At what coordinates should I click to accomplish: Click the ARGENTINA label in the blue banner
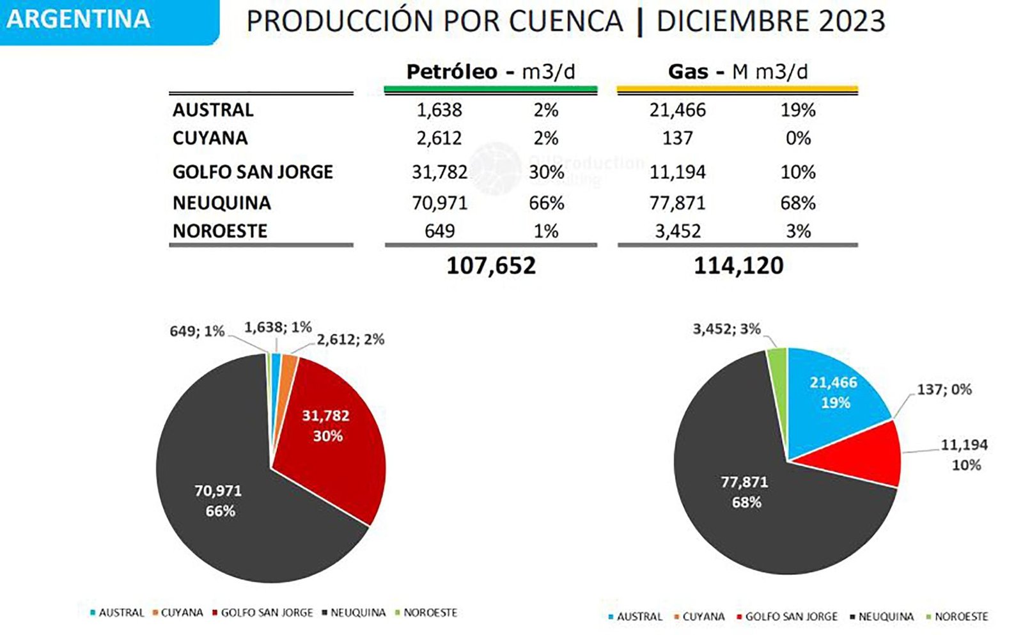tap(79, 19)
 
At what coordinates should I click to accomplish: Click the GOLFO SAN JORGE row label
tap(253, 172)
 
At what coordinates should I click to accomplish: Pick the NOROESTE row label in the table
tap(220, 231)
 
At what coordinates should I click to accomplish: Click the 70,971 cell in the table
tap(439, 203)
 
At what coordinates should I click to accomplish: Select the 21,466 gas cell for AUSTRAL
tap(677, 110)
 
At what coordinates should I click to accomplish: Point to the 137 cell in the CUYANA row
tap(677, 138)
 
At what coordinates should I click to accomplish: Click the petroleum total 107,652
tap(490, 265)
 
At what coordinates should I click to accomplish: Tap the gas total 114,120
tap(738, 265)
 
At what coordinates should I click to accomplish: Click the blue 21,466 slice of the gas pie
tap(831, 396)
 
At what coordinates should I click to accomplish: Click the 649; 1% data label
tap(197, 331)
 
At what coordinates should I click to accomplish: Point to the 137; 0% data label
tap(944, 389)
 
